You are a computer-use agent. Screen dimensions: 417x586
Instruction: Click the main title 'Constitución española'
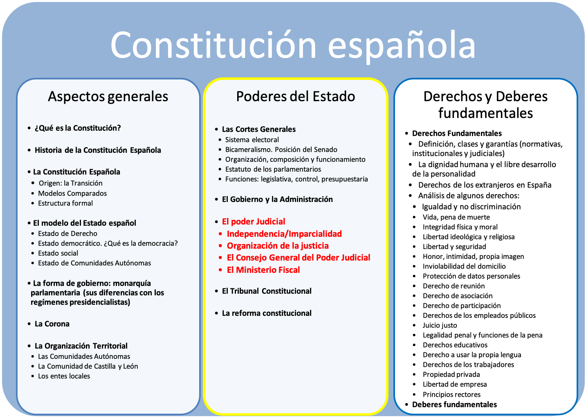[x=293, y=45]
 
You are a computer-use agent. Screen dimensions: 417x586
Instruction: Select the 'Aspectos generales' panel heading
[x=108, y=96]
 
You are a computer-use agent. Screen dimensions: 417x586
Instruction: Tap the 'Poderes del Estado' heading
[x=295, y=96]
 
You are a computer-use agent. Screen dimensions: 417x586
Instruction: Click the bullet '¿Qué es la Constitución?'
[x=78, y=128]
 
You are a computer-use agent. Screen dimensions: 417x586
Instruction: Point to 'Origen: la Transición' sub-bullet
[x=70, y=183]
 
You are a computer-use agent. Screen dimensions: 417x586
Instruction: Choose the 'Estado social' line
[x=58, y=253]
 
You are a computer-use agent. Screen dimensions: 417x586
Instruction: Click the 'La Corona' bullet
[x=52, y=324]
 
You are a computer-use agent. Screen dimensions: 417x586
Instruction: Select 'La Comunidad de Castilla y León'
[x=88, y=366]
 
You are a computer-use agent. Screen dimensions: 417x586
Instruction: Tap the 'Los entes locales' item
[x=64, y=376]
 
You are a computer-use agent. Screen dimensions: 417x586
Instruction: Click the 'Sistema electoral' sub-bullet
[x=252, y=140]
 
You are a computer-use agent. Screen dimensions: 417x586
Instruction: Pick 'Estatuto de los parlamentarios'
[x=273, y=169]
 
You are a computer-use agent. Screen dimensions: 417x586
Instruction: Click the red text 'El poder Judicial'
[x=254, y=222]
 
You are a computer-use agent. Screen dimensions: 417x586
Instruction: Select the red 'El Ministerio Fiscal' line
[x=263, y=270]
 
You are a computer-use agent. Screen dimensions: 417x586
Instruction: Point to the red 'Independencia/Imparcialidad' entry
[x=284, y=234]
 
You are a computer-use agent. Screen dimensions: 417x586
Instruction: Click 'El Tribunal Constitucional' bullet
[x=267, y=291]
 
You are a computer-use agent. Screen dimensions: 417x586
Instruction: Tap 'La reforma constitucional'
[x=267, y=313]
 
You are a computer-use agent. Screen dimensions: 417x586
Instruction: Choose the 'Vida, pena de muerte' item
[x=456, y=217]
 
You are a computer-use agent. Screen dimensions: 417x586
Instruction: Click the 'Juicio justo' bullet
[x=440, y=325]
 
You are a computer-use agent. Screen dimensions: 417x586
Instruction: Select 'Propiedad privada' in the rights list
[x=451, y=374]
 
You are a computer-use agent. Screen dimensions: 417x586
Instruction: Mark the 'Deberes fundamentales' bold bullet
[x=454, y=404]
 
